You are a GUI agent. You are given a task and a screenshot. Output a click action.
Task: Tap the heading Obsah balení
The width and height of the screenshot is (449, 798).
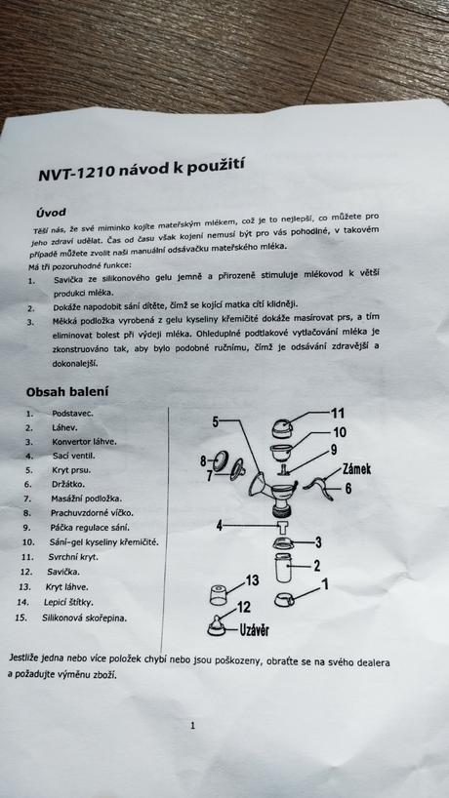tap(67, 392)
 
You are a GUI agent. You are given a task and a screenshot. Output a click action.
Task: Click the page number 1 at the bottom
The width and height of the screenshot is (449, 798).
tap(192, 725)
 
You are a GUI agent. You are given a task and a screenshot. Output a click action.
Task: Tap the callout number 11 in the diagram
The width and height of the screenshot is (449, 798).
tap(337, 413)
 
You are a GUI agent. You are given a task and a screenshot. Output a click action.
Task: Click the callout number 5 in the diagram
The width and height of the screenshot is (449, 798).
tap(216, 421)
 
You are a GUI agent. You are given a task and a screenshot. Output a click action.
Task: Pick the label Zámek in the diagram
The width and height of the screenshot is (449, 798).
tap(355, 468)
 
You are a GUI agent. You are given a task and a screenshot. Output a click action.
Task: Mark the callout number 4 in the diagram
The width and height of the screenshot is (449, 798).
tap(221, 525)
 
